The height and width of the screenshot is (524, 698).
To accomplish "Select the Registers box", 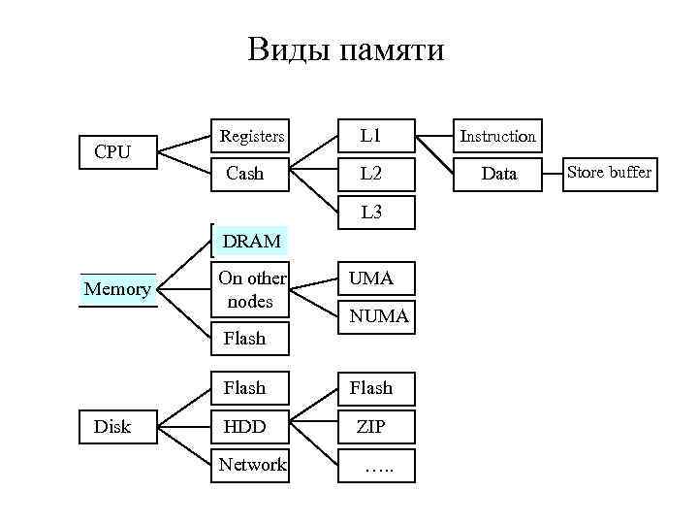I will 251,137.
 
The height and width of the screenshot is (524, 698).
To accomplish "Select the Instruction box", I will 497,137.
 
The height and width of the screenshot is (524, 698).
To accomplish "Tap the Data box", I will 497,174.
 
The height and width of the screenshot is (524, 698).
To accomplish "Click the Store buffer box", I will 609,173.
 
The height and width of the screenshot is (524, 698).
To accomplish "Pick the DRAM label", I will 251,241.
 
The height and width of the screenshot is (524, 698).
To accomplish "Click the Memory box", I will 117,289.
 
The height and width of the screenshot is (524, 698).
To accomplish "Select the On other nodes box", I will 251,289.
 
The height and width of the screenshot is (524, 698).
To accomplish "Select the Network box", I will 251,465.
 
